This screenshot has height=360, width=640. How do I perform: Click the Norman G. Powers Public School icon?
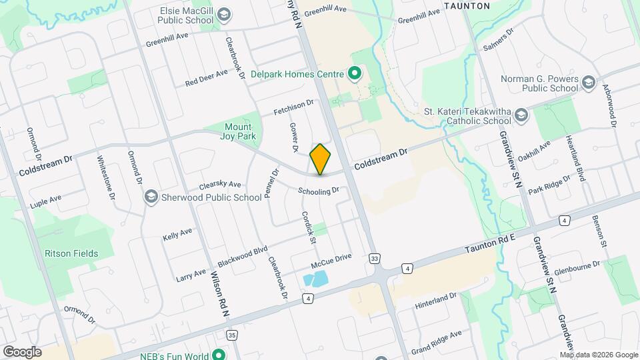click(x=588, y=83)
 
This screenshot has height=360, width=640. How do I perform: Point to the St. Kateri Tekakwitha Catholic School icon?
click(x=521, y=116)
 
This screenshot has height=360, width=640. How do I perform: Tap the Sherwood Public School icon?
click(x=151, y=197)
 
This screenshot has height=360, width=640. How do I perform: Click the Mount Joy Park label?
click(x=238, y=131)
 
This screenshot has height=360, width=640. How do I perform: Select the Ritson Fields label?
click(x=71, y=253)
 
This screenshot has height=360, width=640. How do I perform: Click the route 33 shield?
click(x=375, y=258)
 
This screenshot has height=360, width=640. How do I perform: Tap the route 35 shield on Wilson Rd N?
click(x=231, y=335)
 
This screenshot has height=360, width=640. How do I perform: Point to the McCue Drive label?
click(x=335, y=257)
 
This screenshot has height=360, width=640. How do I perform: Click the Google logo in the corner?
click(x=22, y=351)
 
